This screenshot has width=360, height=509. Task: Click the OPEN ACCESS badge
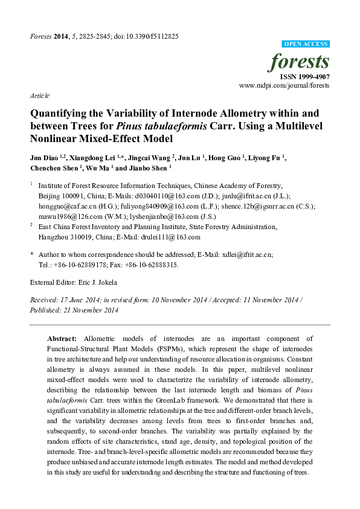coord(306,45)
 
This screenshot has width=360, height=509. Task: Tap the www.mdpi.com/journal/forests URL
coord(284,86)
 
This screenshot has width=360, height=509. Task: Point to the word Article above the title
coord(39,96)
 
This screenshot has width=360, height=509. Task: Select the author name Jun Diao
coord(43,158)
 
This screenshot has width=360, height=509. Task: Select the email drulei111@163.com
coord(167,237)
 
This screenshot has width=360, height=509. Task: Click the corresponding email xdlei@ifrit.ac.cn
coord(240,255)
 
